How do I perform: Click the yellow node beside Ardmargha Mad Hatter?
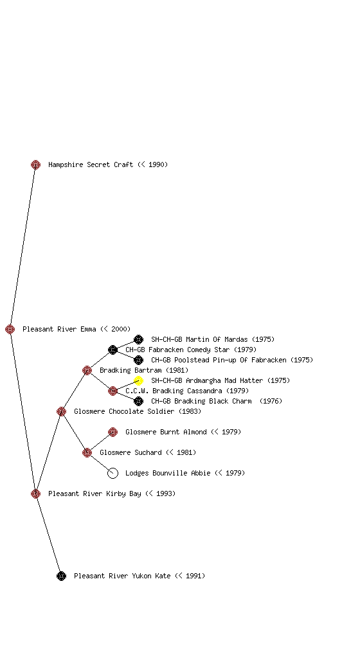click(x=138, y=380)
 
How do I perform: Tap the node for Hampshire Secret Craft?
click(x=35, y=164)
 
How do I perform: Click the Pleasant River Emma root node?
click(x=10, y=329)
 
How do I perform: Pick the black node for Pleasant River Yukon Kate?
click(x=61, y=576)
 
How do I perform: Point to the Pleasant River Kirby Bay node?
click(x=35, y=493)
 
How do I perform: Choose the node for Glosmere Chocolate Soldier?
click(x=61, y=411)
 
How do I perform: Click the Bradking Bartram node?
click(x=87, y=370)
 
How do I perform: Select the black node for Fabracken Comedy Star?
click(x=113, y=350)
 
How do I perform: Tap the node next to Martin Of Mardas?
click(x=138, y=339)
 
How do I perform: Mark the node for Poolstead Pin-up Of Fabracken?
click(x=138, y=360)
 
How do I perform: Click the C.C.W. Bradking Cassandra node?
click(x=113, y=391)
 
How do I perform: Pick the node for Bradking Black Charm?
click(x=138, y=401)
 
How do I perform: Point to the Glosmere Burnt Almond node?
click(x=113, y=432)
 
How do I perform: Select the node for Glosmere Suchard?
click(x=87, y=452)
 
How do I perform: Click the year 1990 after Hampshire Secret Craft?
click(x=156, y=164)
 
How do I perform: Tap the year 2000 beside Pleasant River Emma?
click(x=119, y=329)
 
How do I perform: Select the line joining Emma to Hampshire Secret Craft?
click(x=22, y=247)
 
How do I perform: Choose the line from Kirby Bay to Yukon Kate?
click(x=48, y=535)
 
